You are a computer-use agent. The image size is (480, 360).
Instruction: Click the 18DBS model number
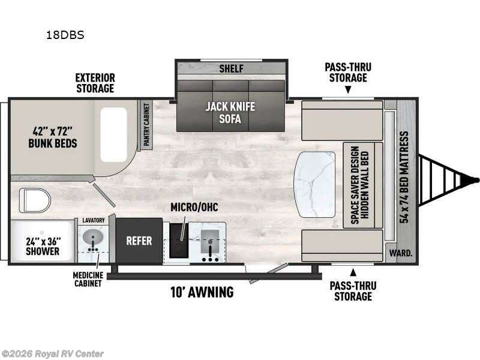tap(65, 35)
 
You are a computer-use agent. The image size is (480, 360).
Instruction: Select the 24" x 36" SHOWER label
tap(43, 247)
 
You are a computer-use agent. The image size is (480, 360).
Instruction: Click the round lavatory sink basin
tap(92, 239)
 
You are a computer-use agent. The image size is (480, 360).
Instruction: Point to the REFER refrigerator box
tap(139, 241)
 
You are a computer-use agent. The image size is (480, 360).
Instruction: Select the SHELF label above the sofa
tap(231, 68)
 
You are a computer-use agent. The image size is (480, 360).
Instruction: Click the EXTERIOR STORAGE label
tap(95, 83)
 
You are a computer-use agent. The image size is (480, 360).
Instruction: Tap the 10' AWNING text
tap(202, 292)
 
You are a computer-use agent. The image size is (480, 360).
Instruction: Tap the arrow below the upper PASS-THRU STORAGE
tap(347, 91)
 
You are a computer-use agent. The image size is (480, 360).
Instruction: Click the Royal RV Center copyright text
tap(53, 354)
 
